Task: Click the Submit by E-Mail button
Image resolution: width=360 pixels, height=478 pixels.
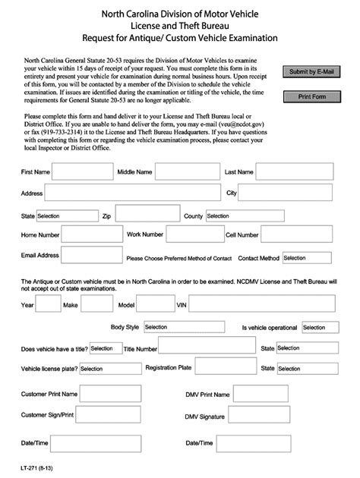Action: pyautogui.click(x=311, y=72)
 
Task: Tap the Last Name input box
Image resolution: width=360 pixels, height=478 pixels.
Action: pyautogui.click(x=294, y=172)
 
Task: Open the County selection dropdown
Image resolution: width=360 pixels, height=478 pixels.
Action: pyautogui.click(x=238, y=215)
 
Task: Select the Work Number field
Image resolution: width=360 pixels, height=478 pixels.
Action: pyautogui.click(x=194, y=235)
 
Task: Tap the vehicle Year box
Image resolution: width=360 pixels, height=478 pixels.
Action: pyautogui.click(x=49, y=304)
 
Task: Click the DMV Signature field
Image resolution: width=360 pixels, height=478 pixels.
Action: pyautogui.click(x=280, y=416)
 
